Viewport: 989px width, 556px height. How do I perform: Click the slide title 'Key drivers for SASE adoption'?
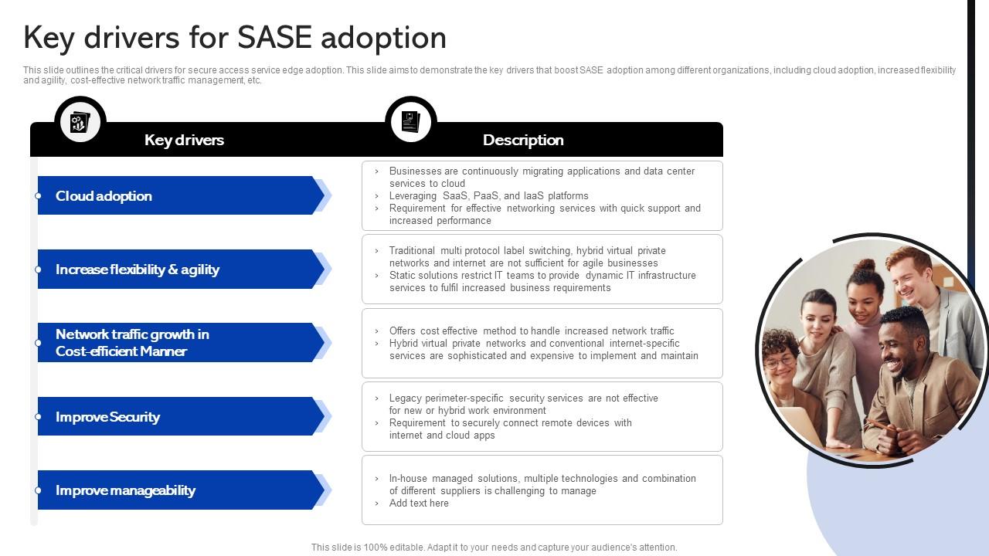click(x=235, y=37)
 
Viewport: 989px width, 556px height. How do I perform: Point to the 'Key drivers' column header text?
click(x=184, y=140)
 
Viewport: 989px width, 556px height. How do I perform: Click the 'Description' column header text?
click(x=523, y=140)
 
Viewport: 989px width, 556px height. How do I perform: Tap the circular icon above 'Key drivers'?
click(x=80, y=122)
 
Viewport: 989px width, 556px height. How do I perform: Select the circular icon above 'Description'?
click(x=410, y=121)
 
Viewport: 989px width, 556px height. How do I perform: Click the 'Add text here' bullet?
click(x=419, y=503)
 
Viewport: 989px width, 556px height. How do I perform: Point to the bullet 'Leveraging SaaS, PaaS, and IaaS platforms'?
click(x=488, y=196)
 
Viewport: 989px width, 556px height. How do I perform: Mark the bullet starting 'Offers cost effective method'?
click(x=532, y=331)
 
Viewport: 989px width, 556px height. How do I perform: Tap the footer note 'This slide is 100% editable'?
click(x=494, y=548)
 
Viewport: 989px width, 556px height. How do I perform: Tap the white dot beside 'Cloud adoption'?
click(x=38, y=196)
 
